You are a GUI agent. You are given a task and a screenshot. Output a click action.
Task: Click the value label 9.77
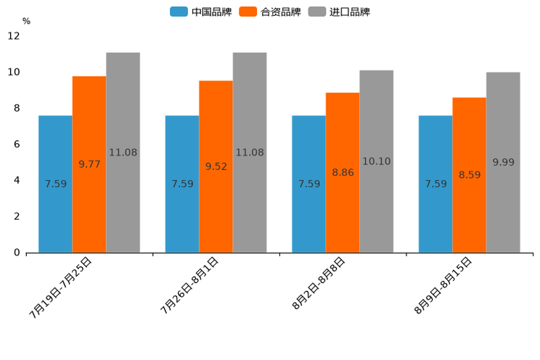click(x=89, y=164)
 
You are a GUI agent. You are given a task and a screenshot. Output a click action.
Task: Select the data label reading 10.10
click(x=376, y=161)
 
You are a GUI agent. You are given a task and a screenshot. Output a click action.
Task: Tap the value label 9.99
click(x=503, y=162)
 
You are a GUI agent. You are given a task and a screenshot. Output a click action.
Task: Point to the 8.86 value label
click(x=343, y=173)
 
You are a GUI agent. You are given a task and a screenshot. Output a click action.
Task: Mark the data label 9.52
click(x=216, y=166)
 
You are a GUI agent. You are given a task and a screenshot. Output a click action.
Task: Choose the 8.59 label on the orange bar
click(x=470, y=175)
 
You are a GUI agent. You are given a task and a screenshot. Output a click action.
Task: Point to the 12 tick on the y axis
click(x=14, y=36)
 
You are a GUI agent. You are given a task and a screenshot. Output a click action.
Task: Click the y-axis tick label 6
click(x=17, y=144)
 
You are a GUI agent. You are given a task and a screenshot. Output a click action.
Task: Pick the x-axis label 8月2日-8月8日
click(x=319, y=284)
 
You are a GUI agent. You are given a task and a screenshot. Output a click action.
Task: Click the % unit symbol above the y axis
click(x=26, y=21)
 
